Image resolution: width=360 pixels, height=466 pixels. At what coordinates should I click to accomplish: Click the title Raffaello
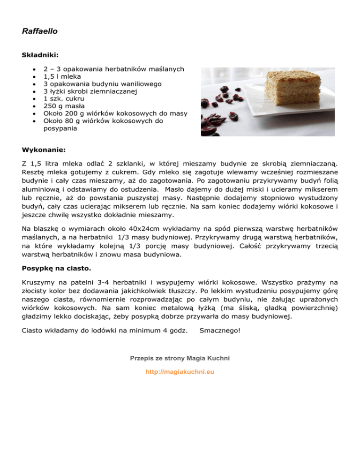pyautogui.click(x=39, y=32)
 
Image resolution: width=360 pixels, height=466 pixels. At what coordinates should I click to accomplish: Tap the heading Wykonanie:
pyautogui.click(x=44, y=150)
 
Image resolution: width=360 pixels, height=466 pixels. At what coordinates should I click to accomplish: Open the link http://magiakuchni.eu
pyautogui.click(x=180, y=372)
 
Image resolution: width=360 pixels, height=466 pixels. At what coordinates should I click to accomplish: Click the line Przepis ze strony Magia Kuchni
pyautogui.click(x=180, y=358)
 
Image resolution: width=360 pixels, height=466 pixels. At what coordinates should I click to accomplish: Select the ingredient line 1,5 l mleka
pyautogui.click(x=62, y=76)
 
